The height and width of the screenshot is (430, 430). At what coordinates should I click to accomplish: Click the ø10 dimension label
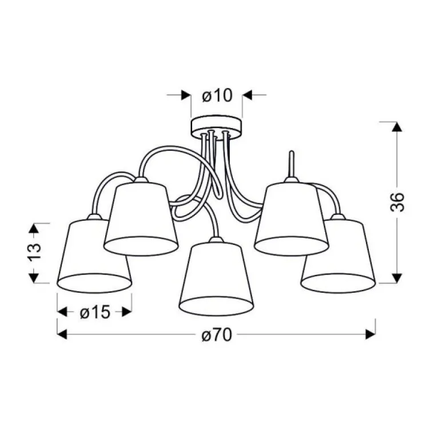point(217,95)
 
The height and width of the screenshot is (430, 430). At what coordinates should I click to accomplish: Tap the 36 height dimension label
point(397,202)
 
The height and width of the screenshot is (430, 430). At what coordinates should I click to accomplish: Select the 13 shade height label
point(34,251)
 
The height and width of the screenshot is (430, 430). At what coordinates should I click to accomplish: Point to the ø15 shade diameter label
point(95,312)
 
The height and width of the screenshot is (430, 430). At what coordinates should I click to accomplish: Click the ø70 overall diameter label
point(217,335)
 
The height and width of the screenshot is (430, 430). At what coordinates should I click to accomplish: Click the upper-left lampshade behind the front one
point(141,217)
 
